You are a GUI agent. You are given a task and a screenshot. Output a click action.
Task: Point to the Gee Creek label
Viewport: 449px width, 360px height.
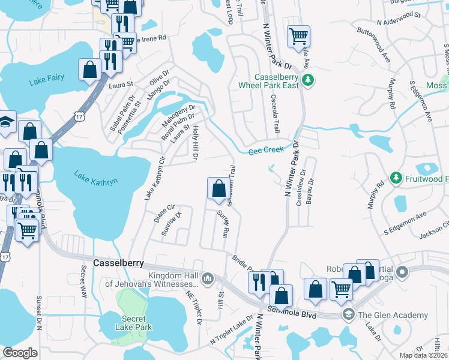[x=264, y=152]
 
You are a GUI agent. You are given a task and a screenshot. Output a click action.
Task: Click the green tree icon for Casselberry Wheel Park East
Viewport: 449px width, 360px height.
[x=308, y=80]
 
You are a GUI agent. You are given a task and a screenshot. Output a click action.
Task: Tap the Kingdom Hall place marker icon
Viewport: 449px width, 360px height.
[x=208, y=278]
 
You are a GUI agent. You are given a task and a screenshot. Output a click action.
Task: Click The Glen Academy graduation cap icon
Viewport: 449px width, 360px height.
[x=348, y=314]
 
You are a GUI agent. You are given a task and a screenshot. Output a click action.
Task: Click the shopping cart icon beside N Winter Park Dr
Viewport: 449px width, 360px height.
[x=298, y=36]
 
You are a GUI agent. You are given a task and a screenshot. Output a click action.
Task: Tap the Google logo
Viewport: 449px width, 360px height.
[x=20, y=353]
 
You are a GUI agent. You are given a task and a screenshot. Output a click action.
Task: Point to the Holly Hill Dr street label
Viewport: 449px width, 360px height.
[x=195, y=144]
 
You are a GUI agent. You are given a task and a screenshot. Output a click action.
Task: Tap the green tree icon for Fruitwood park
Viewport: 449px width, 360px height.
[x=396, y=178]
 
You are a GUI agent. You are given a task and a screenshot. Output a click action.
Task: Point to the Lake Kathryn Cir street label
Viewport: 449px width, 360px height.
[x=154, y=178]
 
